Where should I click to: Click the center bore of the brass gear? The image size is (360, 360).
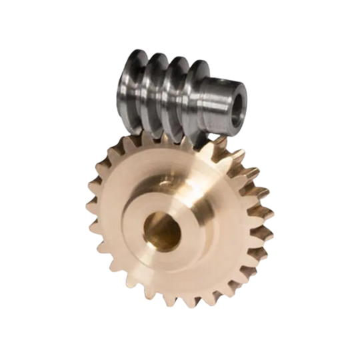pos(162,231)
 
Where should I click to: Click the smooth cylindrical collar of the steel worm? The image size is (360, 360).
pos(217,100)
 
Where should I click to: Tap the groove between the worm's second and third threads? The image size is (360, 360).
pos(167,97)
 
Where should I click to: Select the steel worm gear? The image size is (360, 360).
pos(180,97)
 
